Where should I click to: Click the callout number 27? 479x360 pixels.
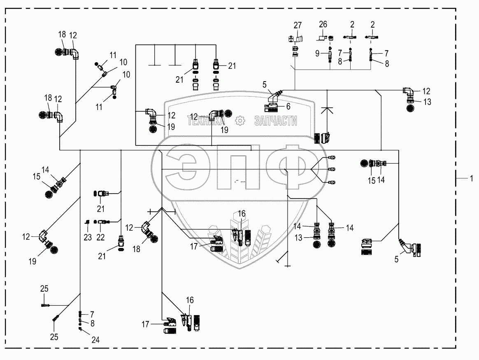(x=298, y=25)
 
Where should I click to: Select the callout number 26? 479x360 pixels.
(x=323, y=24)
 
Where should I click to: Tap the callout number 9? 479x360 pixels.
(x=317, y=54)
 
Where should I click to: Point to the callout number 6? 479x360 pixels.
(x=288, y=106)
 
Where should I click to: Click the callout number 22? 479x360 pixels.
(x=100, y=237)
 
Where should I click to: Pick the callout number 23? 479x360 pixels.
(x=88, y=237)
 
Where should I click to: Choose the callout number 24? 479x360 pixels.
(x=95, y=339)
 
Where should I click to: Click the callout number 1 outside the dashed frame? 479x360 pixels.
(x=472, y=178)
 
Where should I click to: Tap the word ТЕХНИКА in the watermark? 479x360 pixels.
(x=206, y=121)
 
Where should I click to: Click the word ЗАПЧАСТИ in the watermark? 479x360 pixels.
(x=276, y=121)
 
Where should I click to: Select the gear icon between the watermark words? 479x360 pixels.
(x=240, y=121)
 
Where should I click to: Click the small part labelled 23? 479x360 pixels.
(x=87, y=222)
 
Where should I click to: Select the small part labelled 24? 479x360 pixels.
(x=80, y=329)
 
